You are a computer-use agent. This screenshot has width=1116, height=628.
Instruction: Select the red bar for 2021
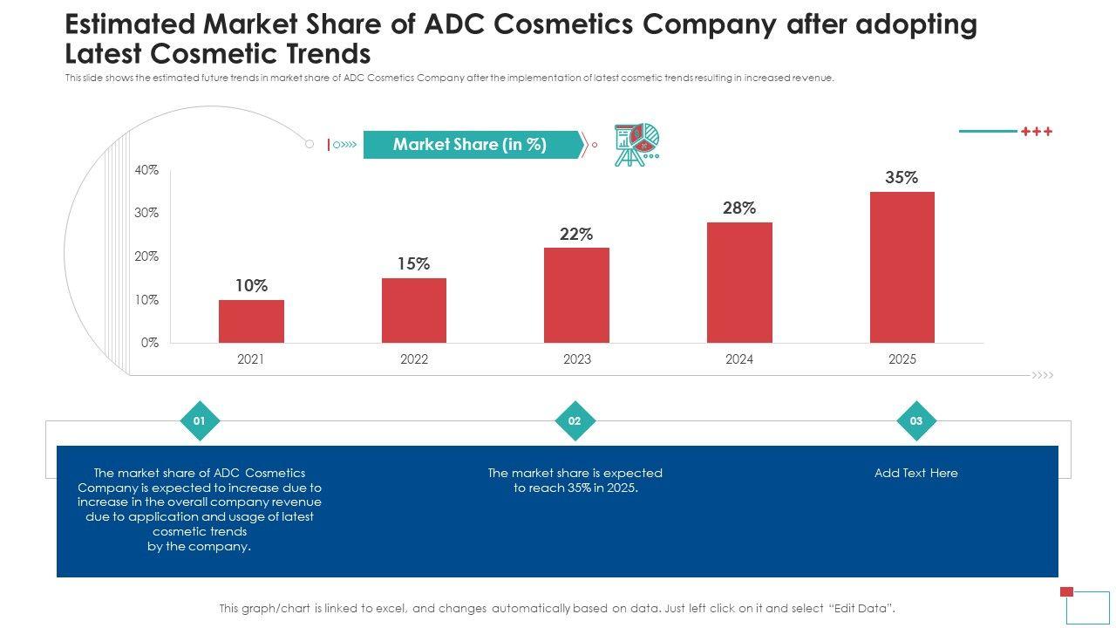click(251, 321)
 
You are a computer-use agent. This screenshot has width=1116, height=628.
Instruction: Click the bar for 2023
click(576, 295)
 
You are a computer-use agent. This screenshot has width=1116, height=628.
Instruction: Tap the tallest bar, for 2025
click(902, 267)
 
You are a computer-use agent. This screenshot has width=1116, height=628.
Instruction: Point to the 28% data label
click(738, 208)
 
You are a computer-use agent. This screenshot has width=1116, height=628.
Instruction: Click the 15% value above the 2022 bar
click(413, 263)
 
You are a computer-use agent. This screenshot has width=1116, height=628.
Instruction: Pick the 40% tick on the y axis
click(146, 170)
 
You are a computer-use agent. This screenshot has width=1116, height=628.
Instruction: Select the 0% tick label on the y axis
click(149, 343)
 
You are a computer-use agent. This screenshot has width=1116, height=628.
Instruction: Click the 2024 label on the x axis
click(739, 359)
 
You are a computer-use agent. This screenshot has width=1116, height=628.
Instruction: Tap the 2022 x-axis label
click(414, 359)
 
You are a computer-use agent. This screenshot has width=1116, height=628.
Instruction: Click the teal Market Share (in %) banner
click(471, 145)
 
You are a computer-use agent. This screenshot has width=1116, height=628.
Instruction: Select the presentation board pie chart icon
click(636, 144)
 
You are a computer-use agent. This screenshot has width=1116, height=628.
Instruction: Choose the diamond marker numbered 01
click(200, 421)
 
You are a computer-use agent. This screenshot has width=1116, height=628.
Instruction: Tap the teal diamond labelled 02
click(575, 421)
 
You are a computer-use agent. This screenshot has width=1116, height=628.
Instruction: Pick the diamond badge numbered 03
click(916, 421)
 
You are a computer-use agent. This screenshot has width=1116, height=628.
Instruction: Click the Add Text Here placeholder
click(916, 473)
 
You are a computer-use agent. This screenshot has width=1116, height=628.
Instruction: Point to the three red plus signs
click(1037, 132)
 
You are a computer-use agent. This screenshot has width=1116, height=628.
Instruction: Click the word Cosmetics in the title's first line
click(576, 25)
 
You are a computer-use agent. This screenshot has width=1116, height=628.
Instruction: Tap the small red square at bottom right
click(1066, 591)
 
